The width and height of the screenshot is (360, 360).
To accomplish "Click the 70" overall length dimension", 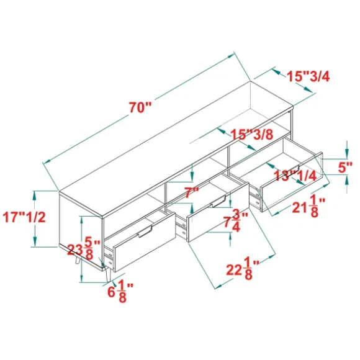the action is [140, 107].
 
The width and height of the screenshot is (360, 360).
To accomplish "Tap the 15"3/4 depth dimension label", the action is [308, 76].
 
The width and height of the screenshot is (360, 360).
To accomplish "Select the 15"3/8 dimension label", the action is [252, 134].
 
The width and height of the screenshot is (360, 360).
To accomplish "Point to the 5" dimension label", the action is [345, 168].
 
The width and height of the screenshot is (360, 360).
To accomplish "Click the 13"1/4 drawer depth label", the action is [295, 176].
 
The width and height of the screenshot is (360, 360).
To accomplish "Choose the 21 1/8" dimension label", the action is [308, 206].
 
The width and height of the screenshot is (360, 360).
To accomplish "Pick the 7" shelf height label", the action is [192, 192].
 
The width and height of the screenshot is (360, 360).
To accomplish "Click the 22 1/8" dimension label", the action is [243, 269].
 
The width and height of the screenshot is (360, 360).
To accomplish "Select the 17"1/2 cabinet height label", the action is [24, 217].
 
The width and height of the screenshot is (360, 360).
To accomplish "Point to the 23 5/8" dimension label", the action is [84, 249].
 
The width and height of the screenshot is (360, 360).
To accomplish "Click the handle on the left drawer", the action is [145, 232].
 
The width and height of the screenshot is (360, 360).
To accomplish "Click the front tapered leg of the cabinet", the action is [108, 274].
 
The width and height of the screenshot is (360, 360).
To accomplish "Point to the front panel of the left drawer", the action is [145, 241].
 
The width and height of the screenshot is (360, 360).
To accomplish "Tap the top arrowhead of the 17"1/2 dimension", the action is [34, 197].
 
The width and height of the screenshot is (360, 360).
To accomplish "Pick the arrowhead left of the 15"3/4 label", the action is [277, 72].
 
